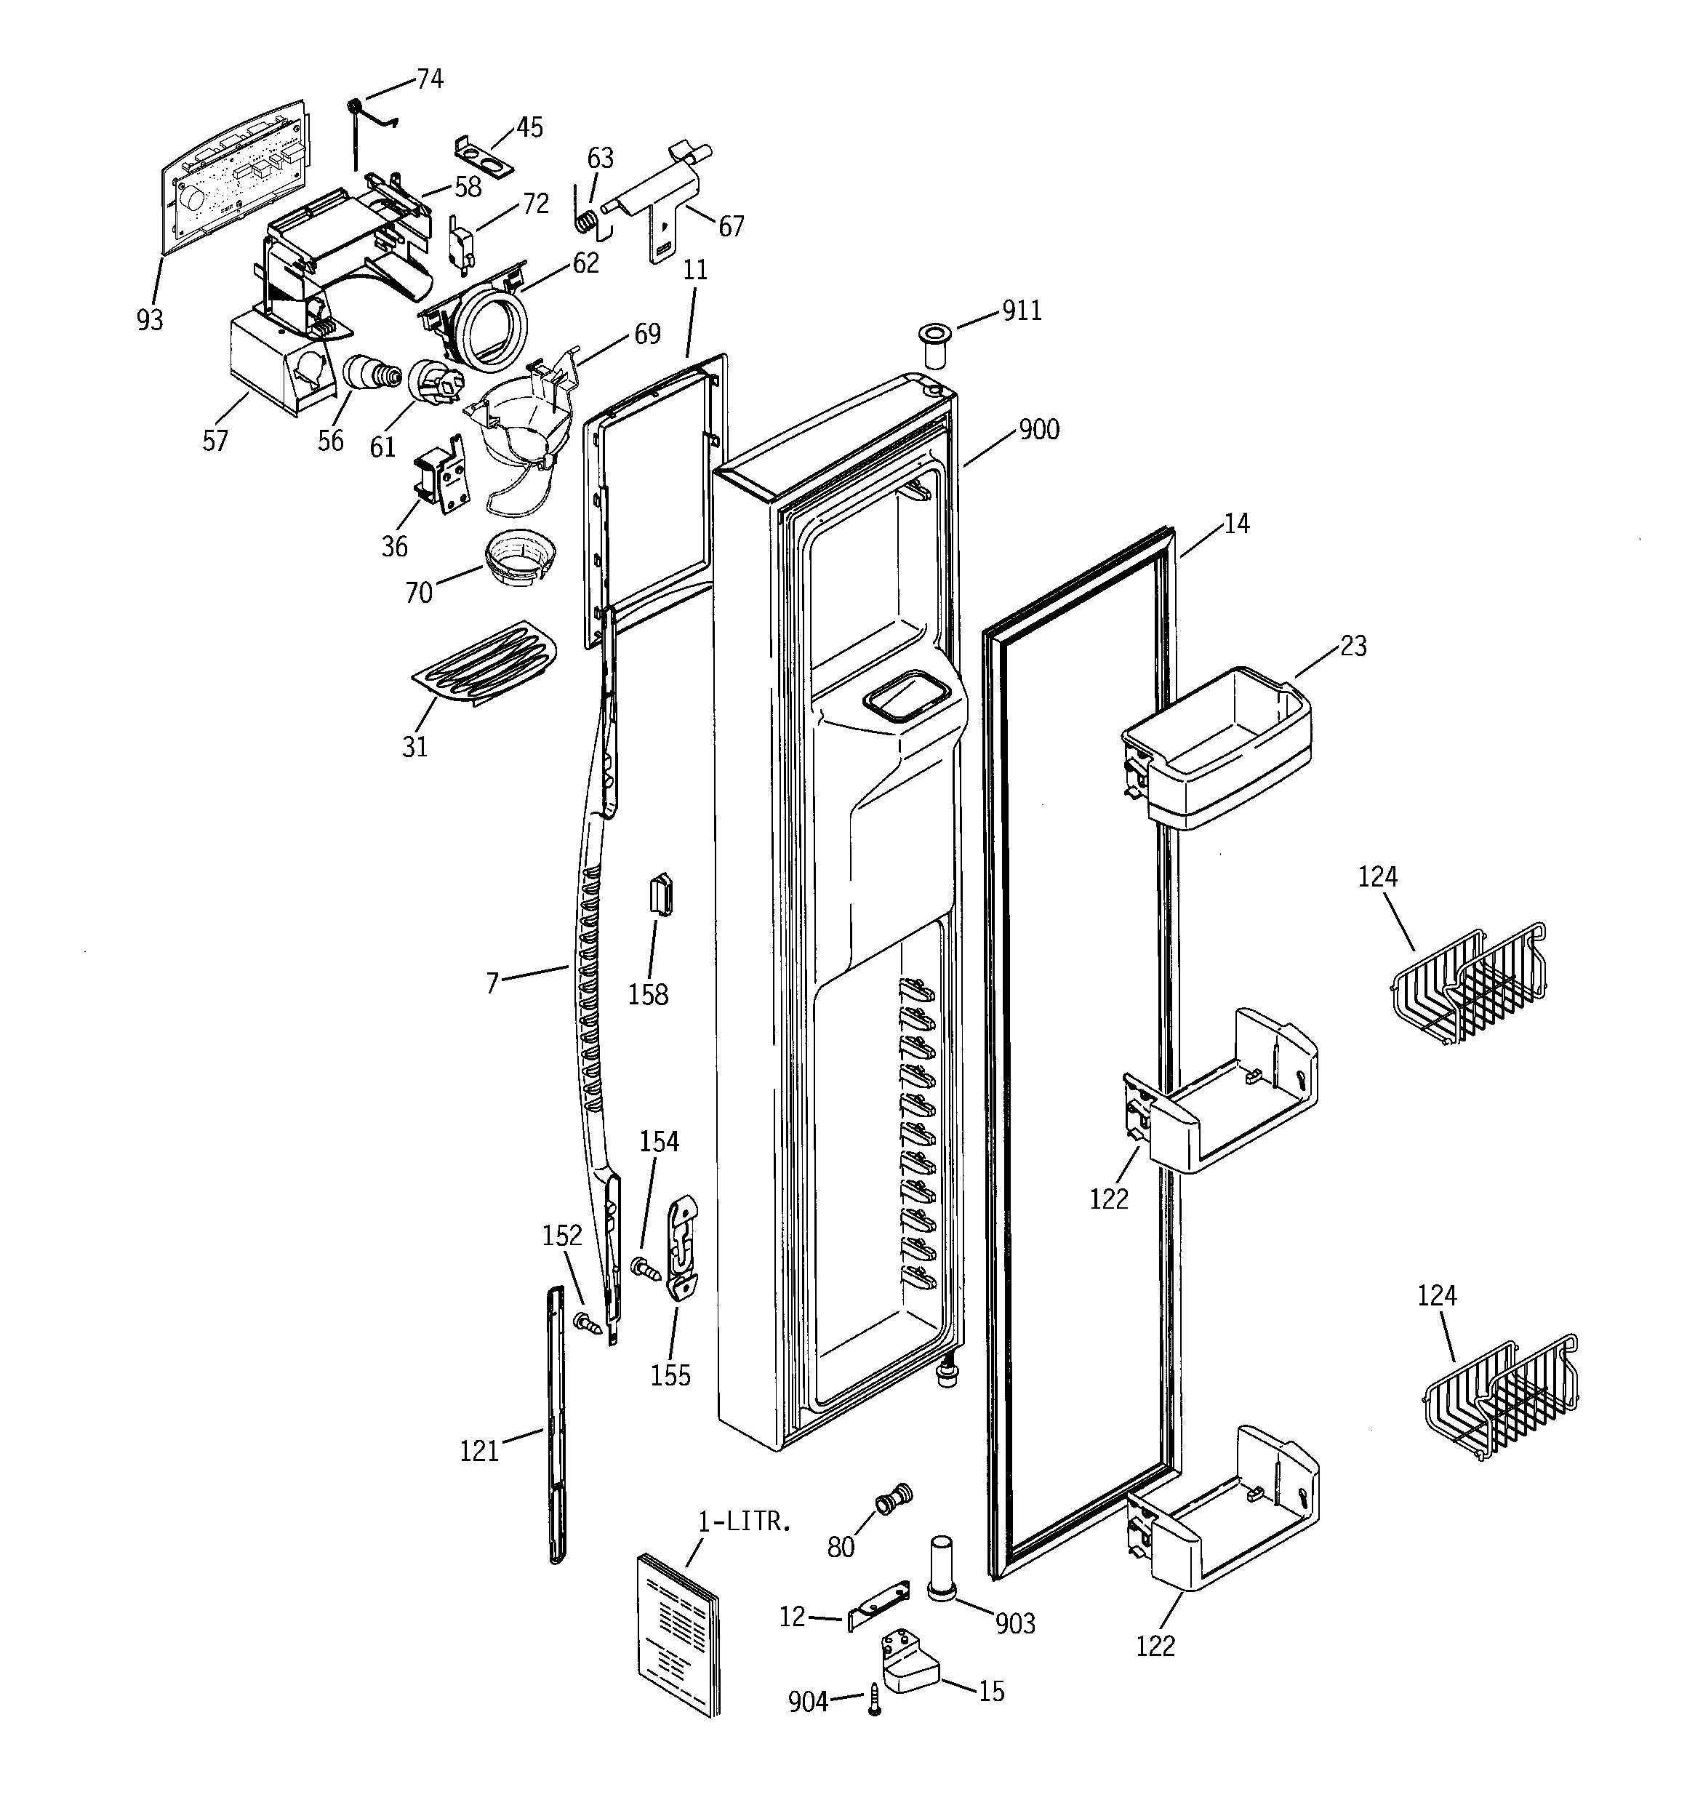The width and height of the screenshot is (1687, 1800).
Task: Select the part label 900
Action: pyautogui.click(x=1038, y=429)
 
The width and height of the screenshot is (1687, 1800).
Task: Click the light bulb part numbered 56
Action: pyautogui.click(x=369, y=372)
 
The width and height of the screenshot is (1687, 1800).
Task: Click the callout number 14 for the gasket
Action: pyautogui.click(x=1235, y=524)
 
